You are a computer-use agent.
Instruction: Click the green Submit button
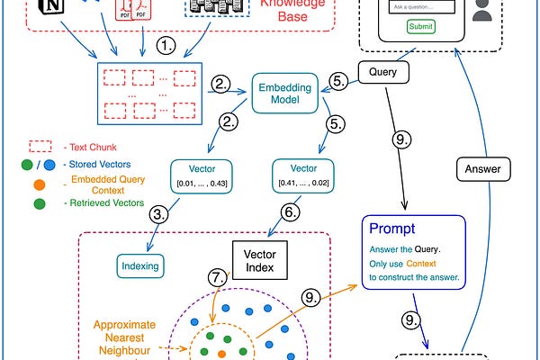(420, 27)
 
